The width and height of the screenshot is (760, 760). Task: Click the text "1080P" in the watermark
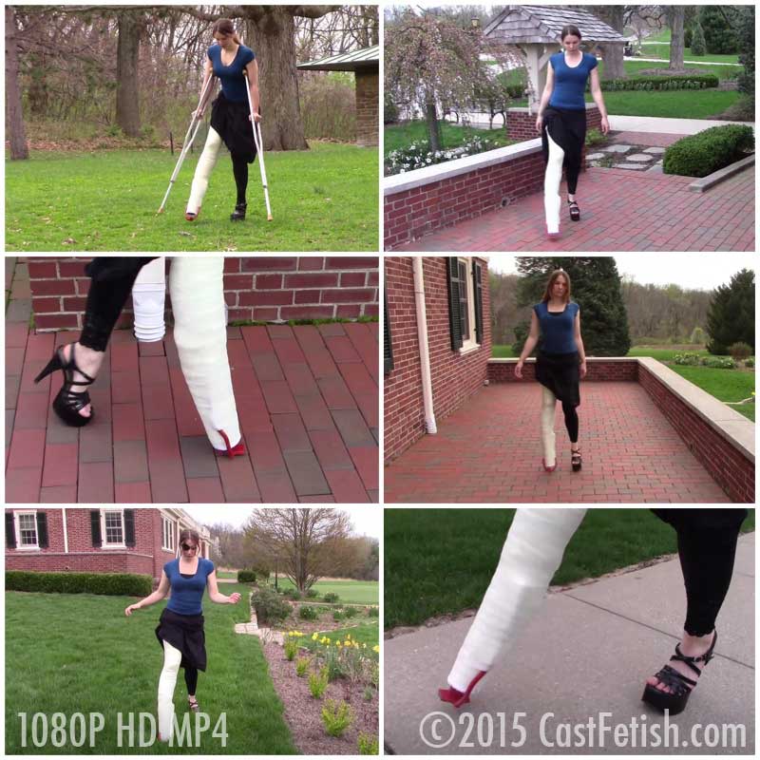click(x=61, y=729)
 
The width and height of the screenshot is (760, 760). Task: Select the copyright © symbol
click(x=438, y=730)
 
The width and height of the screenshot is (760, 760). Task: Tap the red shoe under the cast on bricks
click(x=229, y=446)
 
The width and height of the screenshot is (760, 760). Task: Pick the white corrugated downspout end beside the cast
click(x=149, y=300)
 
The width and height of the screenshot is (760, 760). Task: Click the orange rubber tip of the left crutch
click(x=159, y=211)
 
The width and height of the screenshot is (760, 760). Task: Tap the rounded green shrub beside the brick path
click(x=708, y=149)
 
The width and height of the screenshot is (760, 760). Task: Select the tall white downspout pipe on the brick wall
click(x=425, y=344)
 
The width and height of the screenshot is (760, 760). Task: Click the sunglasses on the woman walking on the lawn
click(x=188, y=547)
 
